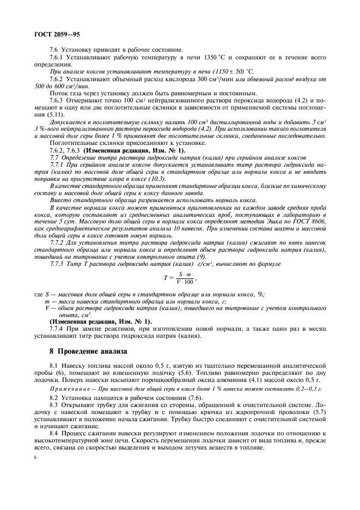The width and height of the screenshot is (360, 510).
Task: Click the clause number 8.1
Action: point(54,365)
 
